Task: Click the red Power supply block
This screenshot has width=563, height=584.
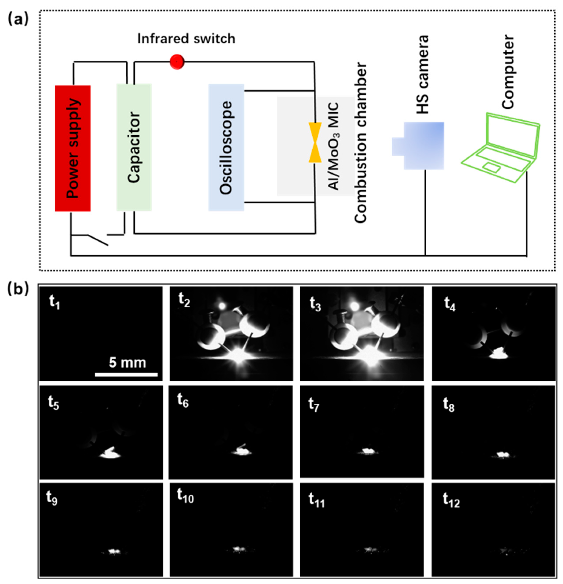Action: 72,148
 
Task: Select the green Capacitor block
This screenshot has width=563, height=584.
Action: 134,147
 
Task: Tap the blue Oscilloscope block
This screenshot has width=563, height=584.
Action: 226,147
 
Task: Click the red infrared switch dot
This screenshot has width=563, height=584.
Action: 177,62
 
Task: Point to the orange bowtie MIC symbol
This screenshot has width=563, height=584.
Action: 315,142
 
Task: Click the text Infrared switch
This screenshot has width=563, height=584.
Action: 186,39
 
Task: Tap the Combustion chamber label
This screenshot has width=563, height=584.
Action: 360,142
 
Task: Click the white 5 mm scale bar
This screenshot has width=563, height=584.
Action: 126,375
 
